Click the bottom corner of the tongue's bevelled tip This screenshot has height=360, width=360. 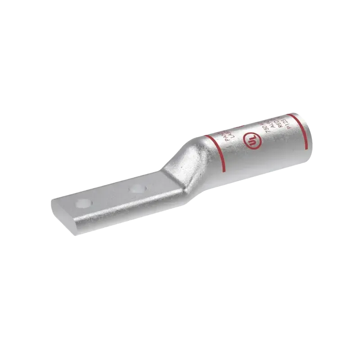coord(77,234)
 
